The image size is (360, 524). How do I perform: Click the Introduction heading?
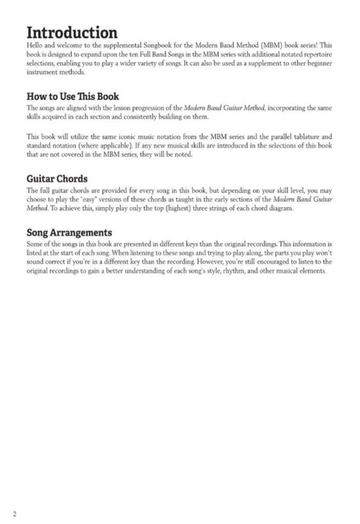tap(72, 33)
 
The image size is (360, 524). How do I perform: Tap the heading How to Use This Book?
tap(73, 96)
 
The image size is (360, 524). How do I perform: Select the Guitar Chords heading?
tap(57, 179)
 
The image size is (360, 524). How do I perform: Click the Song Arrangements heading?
tap(69, 233)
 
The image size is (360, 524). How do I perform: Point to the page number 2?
tap(15, 514)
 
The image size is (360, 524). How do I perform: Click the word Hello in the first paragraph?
tap(34, 46)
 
